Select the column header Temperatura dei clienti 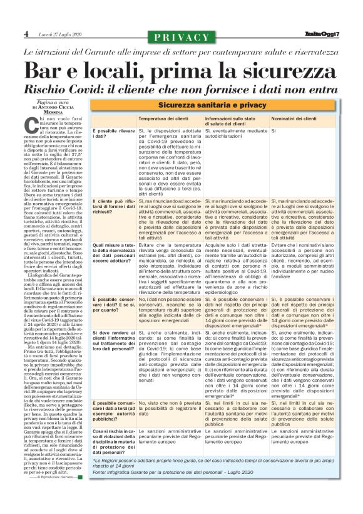click(165, 118)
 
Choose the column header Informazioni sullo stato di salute click(232, 120)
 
